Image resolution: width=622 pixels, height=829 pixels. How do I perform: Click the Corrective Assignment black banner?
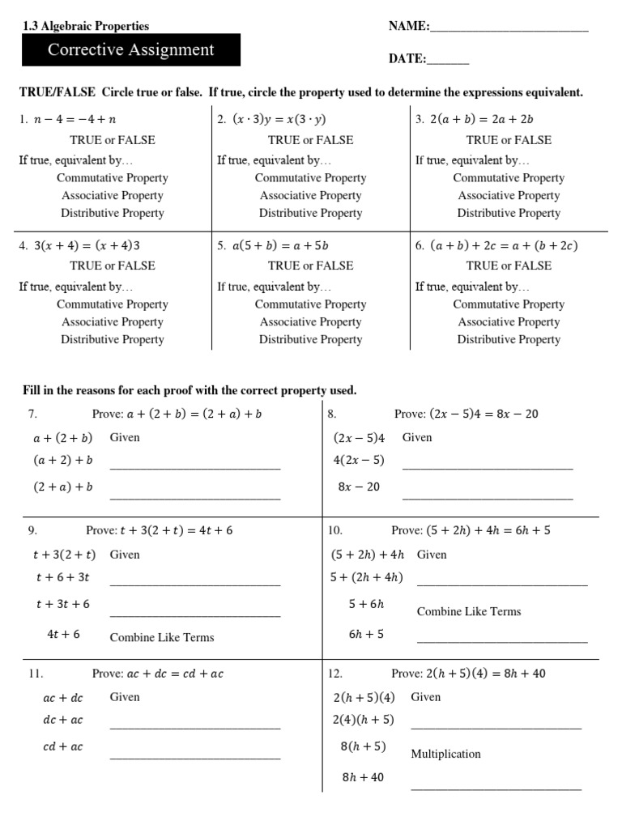[130, 50]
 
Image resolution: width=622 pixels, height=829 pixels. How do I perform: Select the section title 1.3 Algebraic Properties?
[86, 27]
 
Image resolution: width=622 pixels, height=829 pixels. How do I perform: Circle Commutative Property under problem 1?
[113, 178]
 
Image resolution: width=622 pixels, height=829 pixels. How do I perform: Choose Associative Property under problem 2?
[310, 196]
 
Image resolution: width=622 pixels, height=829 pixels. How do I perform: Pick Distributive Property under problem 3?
[509, 214]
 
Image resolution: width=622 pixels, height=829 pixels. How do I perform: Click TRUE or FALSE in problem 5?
[310, 266]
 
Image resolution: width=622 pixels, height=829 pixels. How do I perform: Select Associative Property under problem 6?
[509, 322]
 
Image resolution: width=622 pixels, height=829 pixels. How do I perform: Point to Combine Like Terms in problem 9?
[162, 638]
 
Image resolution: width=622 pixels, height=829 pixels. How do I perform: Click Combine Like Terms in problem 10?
[469, 612]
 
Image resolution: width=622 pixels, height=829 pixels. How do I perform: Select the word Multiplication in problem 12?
[445, 755]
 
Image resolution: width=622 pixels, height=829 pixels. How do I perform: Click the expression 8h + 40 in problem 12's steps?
[363, 778]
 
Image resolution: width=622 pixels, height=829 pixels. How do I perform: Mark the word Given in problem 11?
[125, 697]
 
